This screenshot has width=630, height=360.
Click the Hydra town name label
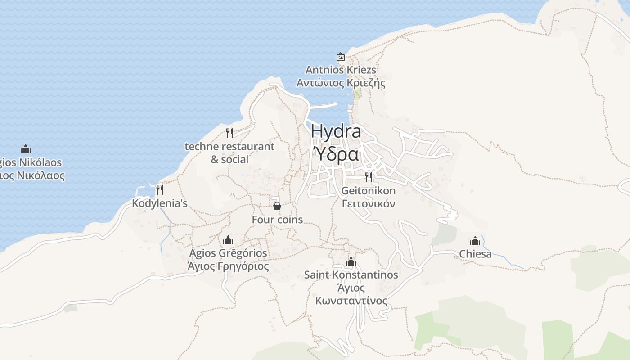click(336, 131)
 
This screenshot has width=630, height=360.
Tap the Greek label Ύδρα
click(336, 154)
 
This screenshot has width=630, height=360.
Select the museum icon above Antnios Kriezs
click(341, 57)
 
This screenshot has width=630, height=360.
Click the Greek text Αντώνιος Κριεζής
click(341, 83)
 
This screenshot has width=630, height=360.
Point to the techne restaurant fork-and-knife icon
click(229, 133)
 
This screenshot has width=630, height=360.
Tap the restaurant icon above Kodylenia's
click(159, 190)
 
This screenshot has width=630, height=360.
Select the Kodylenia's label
click(159, 203)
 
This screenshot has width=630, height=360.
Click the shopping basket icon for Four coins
click(277, 206)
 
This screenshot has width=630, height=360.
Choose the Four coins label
click(277, 220)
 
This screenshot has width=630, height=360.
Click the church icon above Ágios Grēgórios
click(228, 240)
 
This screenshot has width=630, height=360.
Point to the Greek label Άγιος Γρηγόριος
click(228, 266)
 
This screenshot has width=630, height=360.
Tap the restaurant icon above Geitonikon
click(369, 177)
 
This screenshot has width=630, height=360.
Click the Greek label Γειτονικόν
click(369, 203)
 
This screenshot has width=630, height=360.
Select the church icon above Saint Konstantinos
click(351, 261)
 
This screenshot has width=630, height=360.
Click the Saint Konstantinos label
click(351, 274)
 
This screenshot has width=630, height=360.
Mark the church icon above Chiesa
click(475, 241)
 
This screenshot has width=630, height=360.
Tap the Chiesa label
click(475, 254)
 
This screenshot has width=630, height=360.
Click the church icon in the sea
click(26, 149)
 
